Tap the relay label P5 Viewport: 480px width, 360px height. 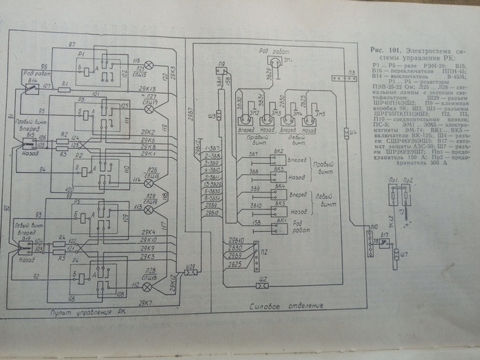click(x=79, y=202)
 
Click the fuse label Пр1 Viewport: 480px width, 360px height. click(x=394, y=180)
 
